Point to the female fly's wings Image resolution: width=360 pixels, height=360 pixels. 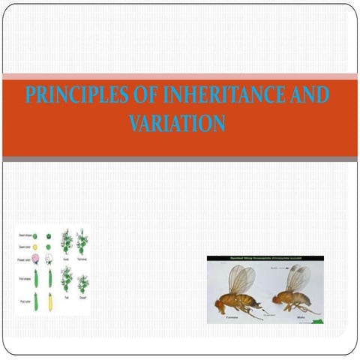click(x=241, y=278)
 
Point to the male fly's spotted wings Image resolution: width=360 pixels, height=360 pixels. click(x=298, y=278)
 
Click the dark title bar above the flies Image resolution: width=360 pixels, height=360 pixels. click(x=265, y=259)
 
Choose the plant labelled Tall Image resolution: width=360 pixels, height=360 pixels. click(x=65, y=283)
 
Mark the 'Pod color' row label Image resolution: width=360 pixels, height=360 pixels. click(x=22, y=302)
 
